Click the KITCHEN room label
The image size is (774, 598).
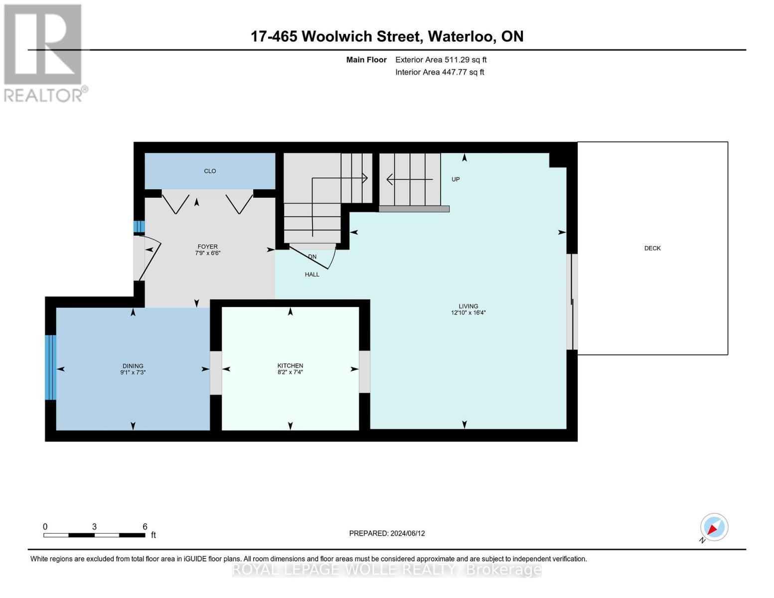(x=290, y=366)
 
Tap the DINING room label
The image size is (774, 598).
(x=133, y=366)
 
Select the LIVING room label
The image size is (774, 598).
(x=468, y=306)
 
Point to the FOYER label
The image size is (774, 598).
(x=207, y=247)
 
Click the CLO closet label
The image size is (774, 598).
(x=210, y=171)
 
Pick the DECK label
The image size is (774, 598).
(x=652, y=248)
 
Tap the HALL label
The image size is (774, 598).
(x=312, y=275)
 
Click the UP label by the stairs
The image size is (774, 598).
(x=455, y=179)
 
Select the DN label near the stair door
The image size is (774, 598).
(x=312, y=257)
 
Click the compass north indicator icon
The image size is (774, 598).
(x=714, y=527)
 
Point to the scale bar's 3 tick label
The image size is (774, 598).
(x=94, y=527)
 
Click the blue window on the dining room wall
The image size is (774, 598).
(x=50, y=367)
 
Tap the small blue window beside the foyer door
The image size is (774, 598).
(x=139, y=227)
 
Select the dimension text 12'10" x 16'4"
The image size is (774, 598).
(x=468, y=313)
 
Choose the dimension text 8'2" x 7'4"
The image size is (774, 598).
(x=290, y=372)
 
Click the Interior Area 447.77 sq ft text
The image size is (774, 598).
(x=440, y=72)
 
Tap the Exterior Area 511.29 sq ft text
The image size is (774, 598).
(x=441, y=60)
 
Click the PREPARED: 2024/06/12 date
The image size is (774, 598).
(x=387, y=533)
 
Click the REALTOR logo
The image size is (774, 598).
(x=44, y=53)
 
